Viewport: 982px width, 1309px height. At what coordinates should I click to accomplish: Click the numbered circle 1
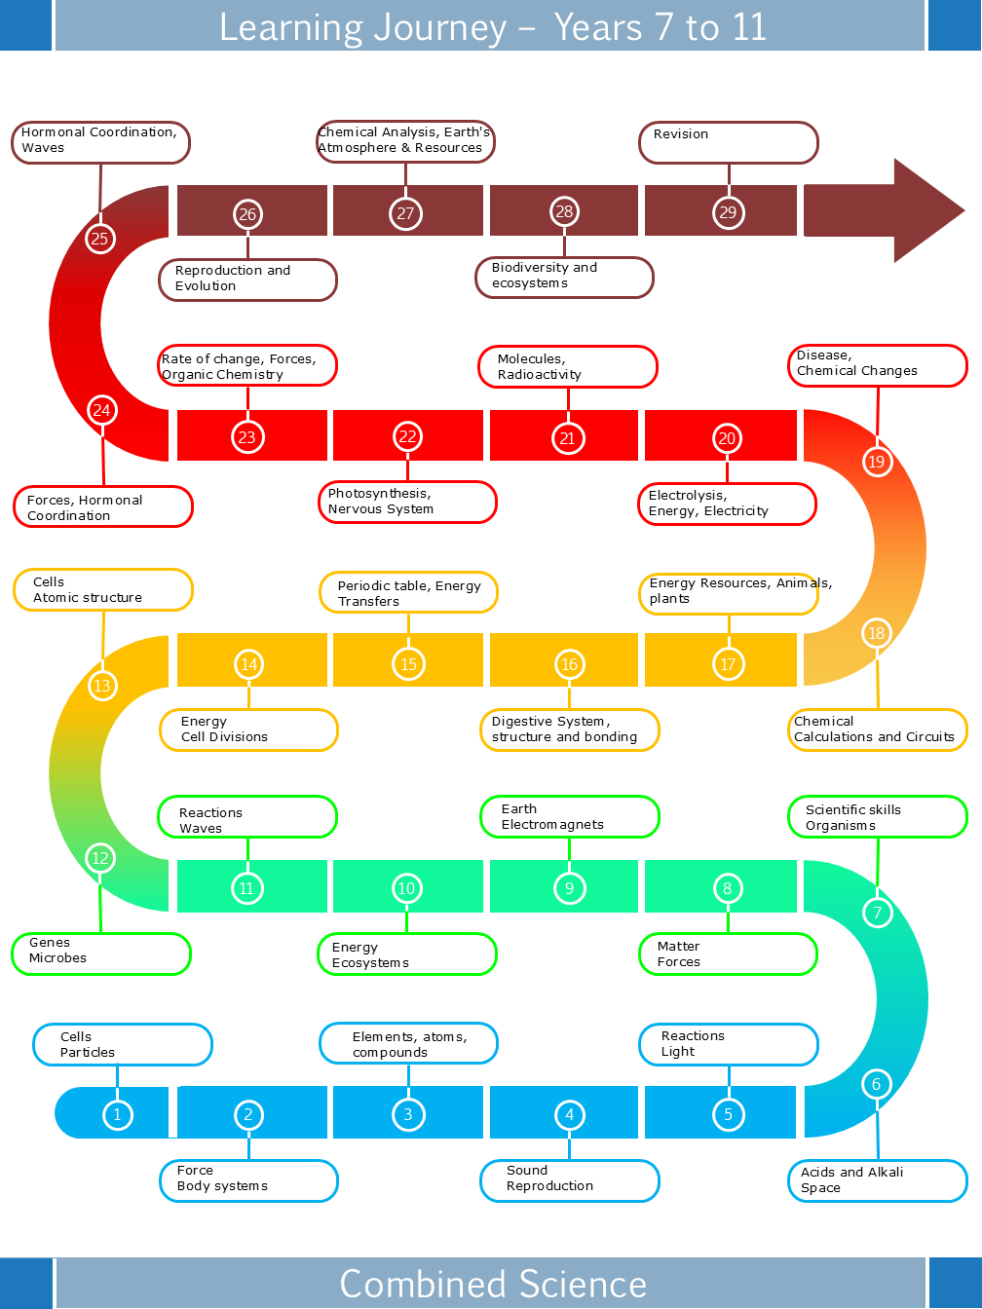coord(117,1114)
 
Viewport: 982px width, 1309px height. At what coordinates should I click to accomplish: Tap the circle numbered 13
coord(101,686)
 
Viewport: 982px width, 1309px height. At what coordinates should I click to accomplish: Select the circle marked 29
coord(728,212)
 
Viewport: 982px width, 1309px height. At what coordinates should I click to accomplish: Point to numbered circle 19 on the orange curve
coord(876,461)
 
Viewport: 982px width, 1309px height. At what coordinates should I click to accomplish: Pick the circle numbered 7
coord(877,913)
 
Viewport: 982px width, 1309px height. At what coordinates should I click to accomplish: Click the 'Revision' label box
coord(728,142)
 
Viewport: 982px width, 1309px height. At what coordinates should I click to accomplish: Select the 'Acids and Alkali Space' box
coord(877,1180)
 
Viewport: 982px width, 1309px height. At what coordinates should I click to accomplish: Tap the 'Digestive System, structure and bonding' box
coord(569,729)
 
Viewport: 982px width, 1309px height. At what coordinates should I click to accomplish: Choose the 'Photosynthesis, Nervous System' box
coord(407,502)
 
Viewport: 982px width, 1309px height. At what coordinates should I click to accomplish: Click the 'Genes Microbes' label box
coord(100,954)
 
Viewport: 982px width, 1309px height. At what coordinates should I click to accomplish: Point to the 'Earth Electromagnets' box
coord(569,817)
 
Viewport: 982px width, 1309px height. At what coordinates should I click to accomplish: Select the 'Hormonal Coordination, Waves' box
coord(100,142)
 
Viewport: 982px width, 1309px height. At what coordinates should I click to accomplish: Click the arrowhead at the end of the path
coord(925,210)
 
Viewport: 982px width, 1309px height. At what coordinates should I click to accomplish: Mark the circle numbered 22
coord(407,437)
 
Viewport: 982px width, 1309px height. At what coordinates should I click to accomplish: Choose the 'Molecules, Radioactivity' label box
coord(567,367)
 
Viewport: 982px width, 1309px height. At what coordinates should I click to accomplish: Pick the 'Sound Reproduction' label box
coord(569,1180)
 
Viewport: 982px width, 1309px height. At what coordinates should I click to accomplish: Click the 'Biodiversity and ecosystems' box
coord(564,277)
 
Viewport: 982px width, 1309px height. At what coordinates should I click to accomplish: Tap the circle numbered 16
coord(569,664)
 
